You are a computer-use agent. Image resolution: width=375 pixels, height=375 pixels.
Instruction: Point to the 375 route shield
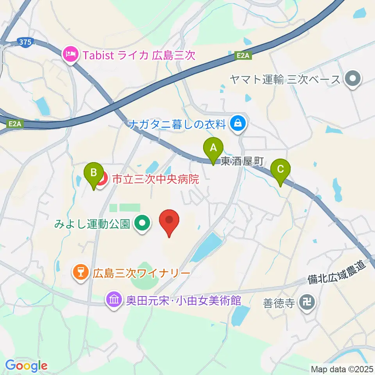(25, 42)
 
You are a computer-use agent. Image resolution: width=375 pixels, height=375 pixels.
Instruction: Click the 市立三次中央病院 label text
(155, 180)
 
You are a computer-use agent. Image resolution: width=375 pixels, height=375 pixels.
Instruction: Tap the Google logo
(27, 366)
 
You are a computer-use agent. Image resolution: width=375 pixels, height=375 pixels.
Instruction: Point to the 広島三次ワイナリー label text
(141, 273)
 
